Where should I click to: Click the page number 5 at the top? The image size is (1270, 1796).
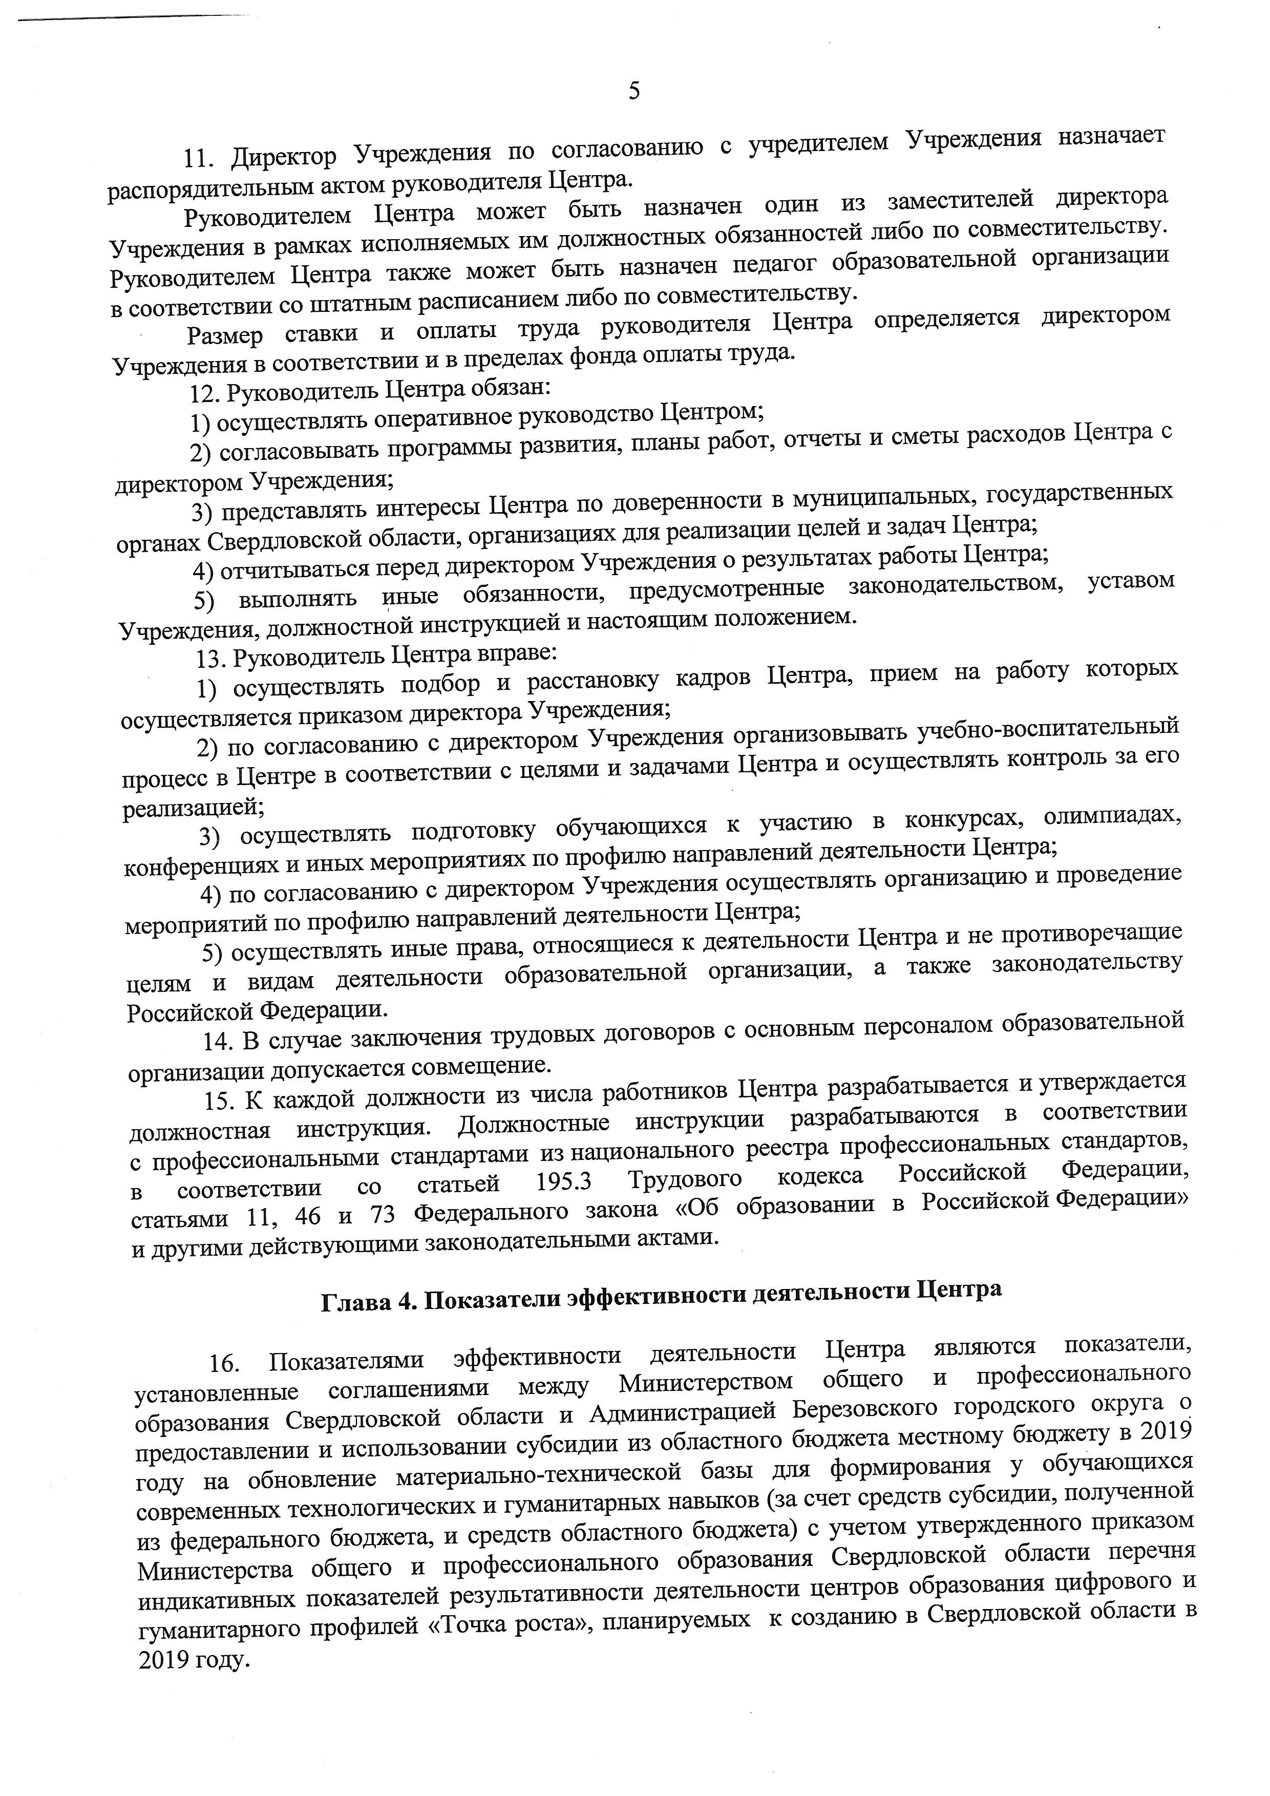tap(634, 92)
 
